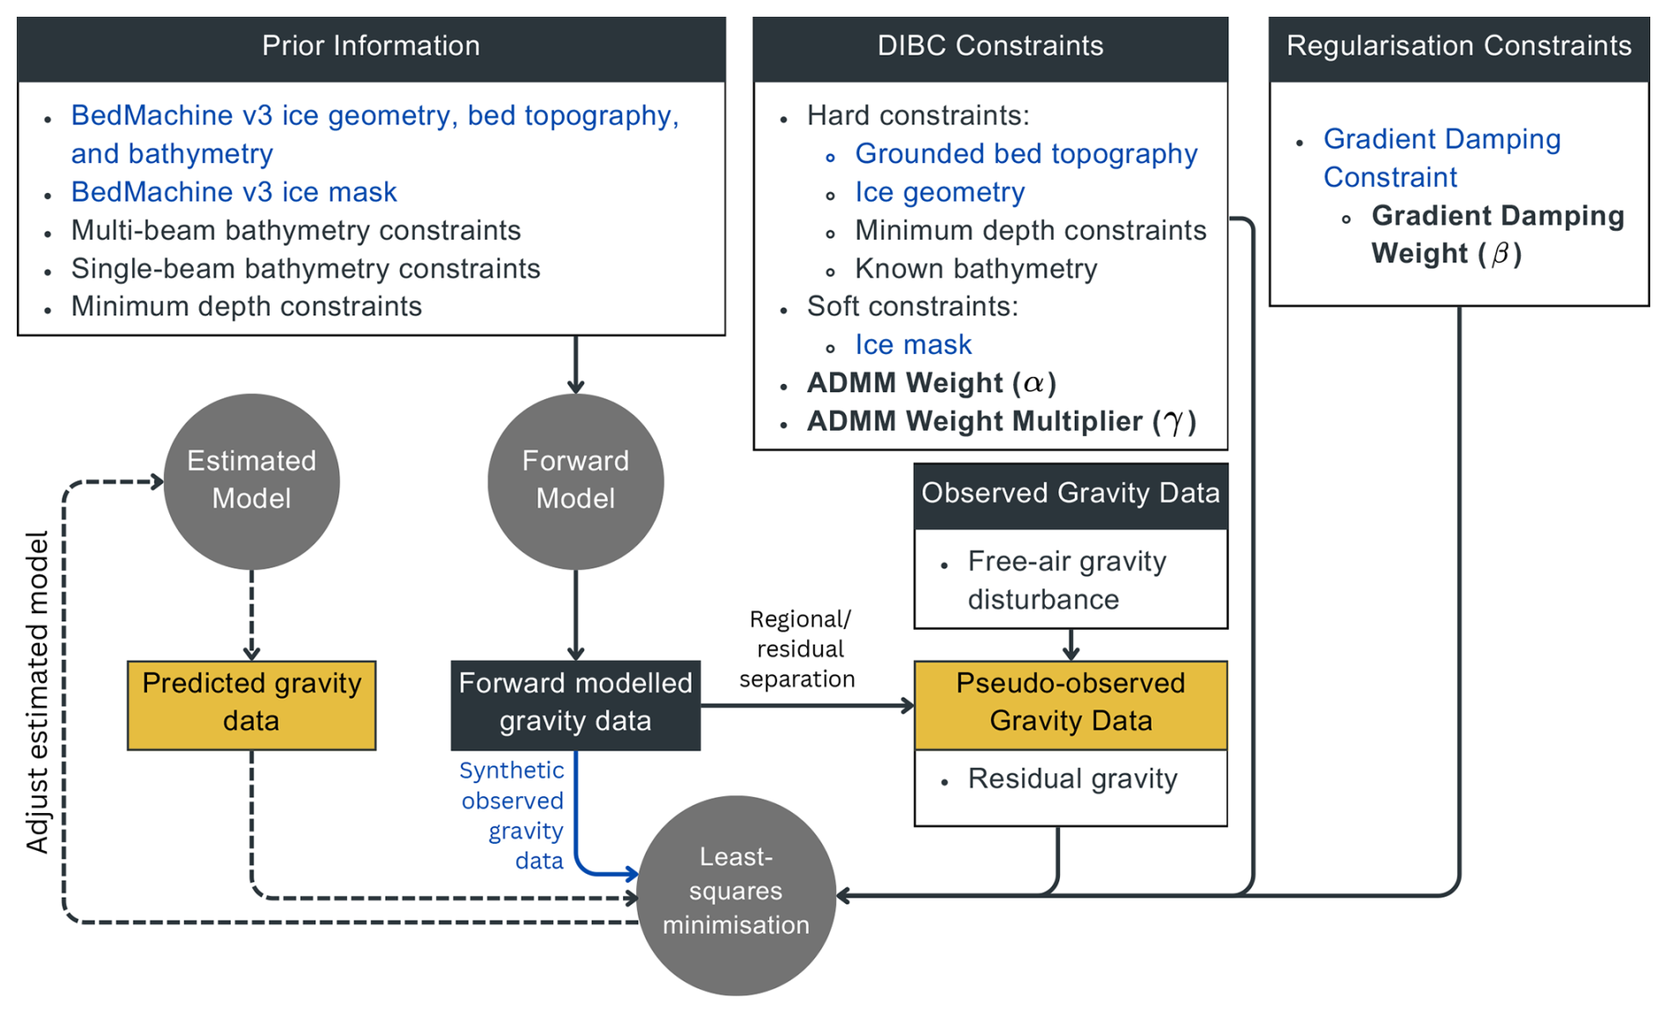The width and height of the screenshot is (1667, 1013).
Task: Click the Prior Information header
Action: [371, 47]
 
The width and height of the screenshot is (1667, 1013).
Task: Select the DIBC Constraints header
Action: [989, 47]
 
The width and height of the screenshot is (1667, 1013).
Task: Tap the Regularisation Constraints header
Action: [1458, 47]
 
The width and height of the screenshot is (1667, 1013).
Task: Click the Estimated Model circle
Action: [251, 480]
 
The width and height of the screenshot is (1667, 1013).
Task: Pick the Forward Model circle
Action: [575, 480]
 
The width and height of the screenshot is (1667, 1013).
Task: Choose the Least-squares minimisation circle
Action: [736, 891]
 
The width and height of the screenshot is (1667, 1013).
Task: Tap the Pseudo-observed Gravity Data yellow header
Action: [1071, 703]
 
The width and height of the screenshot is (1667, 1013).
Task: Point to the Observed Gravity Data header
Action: [1071, 493]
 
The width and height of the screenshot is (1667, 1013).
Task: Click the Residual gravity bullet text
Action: [1072, 780]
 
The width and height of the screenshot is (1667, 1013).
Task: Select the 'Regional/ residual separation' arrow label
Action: [798, 649]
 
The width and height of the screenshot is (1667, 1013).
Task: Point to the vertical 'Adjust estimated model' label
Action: [38, 692]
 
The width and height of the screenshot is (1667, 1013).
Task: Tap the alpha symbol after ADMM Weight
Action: [1034, 383]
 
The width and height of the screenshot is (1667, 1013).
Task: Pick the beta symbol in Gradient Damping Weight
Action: [1499, 254]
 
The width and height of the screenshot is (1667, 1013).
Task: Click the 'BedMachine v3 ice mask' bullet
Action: [233, 192]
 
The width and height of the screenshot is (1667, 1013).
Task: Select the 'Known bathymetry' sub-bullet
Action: [975, 269]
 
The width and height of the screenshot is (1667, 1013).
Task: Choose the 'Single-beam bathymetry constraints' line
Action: [305, 269]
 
